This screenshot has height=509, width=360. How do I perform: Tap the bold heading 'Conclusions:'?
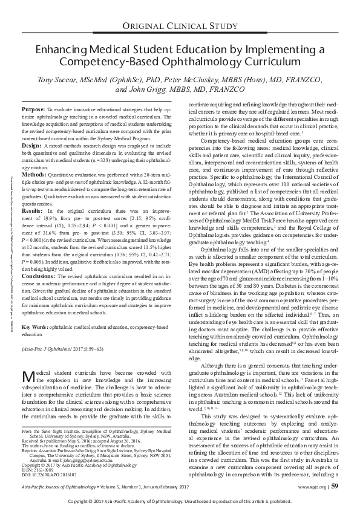pos(39,259)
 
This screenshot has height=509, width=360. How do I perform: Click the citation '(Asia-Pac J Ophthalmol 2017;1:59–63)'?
pos(62,332)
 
